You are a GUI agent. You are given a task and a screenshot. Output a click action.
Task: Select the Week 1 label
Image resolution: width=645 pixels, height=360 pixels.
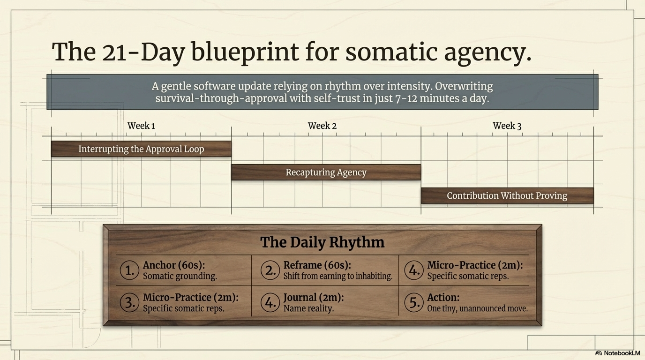point(141,126)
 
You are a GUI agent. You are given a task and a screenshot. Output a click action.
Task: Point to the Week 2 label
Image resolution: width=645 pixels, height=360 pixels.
point(322,126)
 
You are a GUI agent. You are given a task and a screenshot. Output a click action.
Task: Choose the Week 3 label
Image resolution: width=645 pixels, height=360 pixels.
point(507,126)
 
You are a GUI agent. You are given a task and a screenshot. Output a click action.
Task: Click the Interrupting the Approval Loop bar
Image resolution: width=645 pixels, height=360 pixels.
point(141,149)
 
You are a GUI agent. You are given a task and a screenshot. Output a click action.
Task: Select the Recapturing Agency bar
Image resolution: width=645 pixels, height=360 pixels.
point(326,172)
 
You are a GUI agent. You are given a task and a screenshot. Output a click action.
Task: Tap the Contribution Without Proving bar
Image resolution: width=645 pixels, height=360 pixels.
point(507,196)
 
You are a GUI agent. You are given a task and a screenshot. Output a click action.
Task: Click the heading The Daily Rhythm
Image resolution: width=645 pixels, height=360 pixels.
point(322,242)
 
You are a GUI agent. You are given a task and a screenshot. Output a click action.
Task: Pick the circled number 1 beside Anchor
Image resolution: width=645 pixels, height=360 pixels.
point(129,270)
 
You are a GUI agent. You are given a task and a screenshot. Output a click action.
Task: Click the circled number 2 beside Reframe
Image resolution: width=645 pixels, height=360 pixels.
point(270,270)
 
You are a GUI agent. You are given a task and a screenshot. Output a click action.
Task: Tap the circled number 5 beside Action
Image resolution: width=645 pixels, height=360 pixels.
point(413,302)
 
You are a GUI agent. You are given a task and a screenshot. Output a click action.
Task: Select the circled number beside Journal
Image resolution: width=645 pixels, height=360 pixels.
point(270,302)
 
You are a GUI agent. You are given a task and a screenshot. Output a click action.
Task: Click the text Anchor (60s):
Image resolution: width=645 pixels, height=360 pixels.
point(174,265)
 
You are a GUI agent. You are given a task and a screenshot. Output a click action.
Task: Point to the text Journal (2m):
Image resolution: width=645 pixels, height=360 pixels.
point(314,297)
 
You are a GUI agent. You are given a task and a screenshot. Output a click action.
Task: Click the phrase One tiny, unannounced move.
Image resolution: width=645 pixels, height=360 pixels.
point(477,308)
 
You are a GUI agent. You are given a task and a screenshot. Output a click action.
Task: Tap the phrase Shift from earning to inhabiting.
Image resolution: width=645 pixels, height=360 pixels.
point(337,277)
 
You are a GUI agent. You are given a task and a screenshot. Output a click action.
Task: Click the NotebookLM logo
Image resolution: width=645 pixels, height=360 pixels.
point(617,353)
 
